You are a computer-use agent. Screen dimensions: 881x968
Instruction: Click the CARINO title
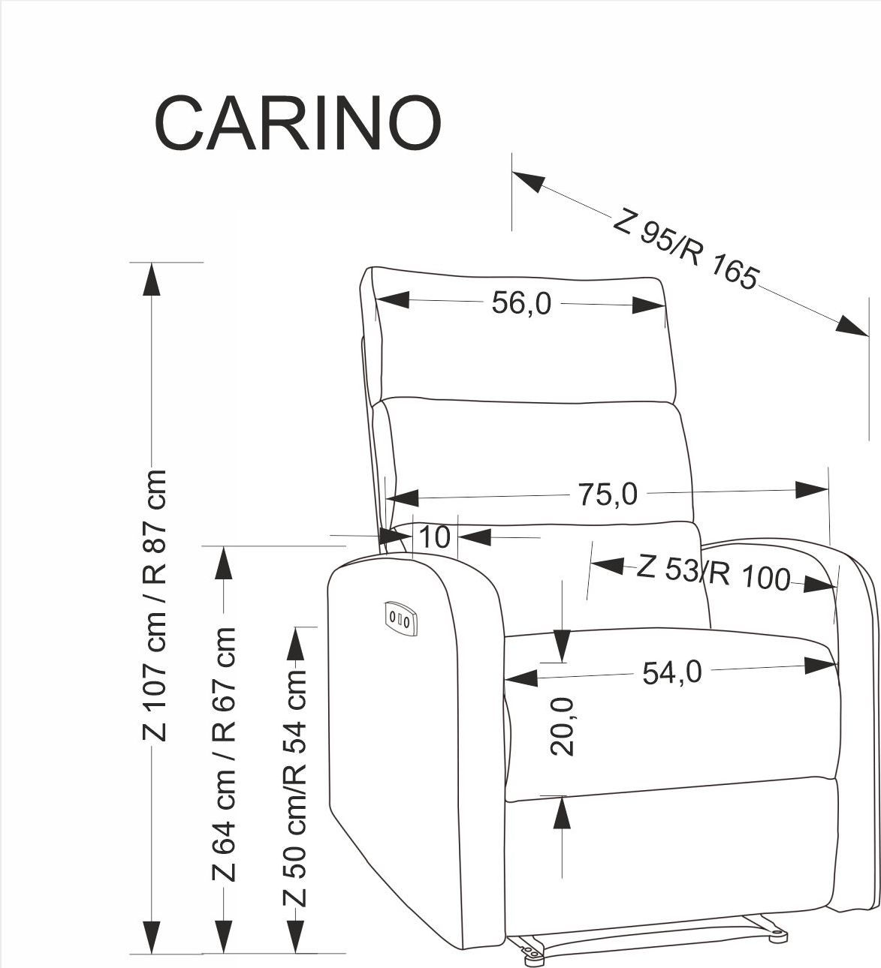[297, 124]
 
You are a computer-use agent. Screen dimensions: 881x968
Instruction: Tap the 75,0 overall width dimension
[608, 495]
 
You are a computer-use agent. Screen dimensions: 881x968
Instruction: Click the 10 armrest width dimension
[435, 537]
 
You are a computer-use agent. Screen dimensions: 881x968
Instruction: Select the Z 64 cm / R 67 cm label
[224, 753]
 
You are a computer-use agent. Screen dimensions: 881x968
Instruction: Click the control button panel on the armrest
[400, 619]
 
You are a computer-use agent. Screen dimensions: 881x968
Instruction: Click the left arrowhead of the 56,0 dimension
[393, 299]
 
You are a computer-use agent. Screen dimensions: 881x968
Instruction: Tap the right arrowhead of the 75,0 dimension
[812, 490]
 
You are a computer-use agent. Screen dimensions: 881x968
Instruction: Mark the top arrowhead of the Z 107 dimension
[152, 278]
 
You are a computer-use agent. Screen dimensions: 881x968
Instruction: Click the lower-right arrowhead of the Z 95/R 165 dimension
[852, 326]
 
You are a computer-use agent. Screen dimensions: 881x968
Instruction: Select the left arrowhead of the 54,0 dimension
[520, 678]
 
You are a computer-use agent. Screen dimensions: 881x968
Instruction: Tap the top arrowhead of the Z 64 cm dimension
[223, 563]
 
